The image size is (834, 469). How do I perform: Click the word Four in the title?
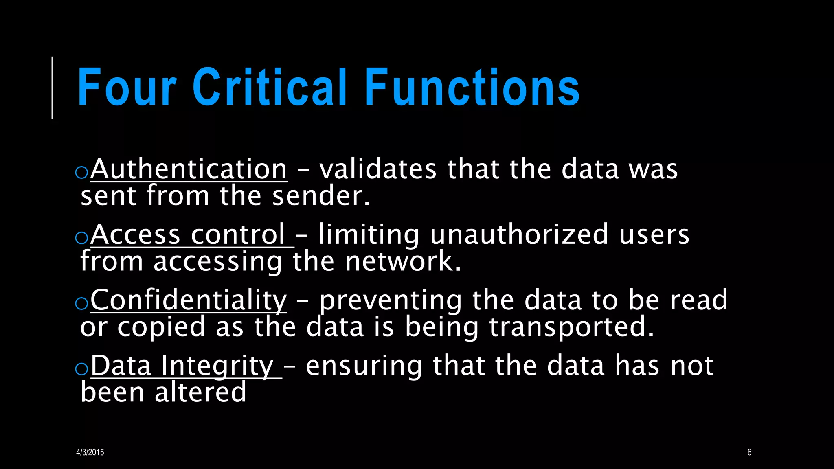pyautogui.click(x=127, y=87)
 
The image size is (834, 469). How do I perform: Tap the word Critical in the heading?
pyautogui.click(x=269, y=87)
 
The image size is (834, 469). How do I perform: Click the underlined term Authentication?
pyautogui.click(x=189, y=169)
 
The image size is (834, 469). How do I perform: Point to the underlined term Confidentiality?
pyautogui.click(x=189, y=300)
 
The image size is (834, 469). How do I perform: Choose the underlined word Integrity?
pyautogui.click(x=217, y=366)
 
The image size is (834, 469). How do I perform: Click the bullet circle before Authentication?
pyautogui.click(x=82, y=172)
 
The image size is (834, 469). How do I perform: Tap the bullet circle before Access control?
pyautogui.click(x=82, y=238)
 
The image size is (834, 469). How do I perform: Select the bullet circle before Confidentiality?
pyautogui.click(x=82, y=303)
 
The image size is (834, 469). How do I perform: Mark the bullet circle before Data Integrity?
pyautogui.click(x=82, y=369)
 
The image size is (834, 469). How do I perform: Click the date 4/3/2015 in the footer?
pyautogui.click(x=90, y=452)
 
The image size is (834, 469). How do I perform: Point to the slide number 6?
pyautogui.click(x=749, y=452)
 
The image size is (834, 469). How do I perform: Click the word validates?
pyautogui.click(x=378, y=169)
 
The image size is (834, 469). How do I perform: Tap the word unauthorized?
pyautogui.click(x=520, y=235)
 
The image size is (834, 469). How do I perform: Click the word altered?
pyautogui.click(x=200, y=392)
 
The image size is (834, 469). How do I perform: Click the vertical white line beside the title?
pyautogui.click(x=52, y=88)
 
